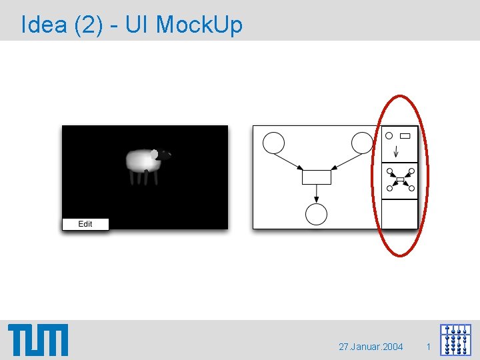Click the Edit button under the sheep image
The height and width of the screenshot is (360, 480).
pos(85,224)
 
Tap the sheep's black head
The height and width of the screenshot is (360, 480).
pos(161,155)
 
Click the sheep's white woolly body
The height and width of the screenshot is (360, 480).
pos(139,160)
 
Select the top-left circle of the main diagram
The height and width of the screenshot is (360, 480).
pos(273,143)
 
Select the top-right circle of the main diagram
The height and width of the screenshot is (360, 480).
pos(362,143)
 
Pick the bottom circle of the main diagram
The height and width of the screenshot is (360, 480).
pos(316,214)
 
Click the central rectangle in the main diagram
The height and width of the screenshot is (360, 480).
pos(316,177)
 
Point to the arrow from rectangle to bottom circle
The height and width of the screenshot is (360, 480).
pos(316,194)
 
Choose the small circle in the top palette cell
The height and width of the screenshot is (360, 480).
pos(389,136)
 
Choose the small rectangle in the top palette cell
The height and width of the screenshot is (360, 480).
pos(405,136)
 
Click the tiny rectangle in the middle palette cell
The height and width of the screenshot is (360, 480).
pos(400,180)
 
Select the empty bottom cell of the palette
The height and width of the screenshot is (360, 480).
pos(399,213)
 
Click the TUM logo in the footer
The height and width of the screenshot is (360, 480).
pos(38,339)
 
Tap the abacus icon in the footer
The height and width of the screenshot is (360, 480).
pos(455,339)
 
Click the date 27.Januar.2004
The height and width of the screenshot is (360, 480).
pos(371,347)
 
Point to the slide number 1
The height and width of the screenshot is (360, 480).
pos(428,347)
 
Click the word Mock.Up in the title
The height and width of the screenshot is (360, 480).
pos(199,25)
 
